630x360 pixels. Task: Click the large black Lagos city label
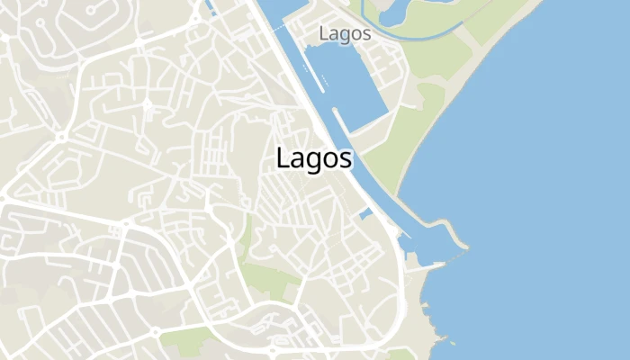coord(314,158)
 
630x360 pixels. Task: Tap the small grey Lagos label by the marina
coord(345,33)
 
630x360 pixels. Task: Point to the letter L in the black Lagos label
coord(283,157)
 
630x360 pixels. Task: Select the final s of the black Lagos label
coord(346,159)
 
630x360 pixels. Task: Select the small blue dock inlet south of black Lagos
coord(365,214)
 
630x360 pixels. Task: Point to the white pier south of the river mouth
coord(430,265)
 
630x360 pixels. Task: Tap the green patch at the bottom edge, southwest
coord(184,340)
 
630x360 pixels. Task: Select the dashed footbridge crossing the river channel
coord(341,149)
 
